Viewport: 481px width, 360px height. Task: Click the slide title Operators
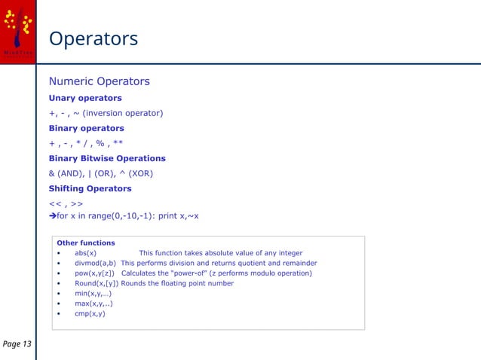coord(93,38)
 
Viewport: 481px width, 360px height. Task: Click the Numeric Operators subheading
coord(99,81)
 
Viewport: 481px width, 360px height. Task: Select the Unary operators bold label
coord(85,98)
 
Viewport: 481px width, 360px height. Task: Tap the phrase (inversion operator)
coord(122,113)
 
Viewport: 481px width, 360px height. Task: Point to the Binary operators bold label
coord(86,128)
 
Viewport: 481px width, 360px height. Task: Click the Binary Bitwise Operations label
coord(107,158)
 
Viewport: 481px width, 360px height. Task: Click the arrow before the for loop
coord(53,216)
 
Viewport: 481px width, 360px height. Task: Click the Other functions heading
coord(85,243)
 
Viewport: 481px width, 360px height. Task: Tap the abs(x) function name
coord(85,253)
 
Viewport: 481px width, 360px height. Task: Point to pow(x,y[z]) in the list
coord(94,273)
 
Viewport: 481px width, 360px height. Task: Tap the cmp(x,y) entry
coord(90,313)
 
